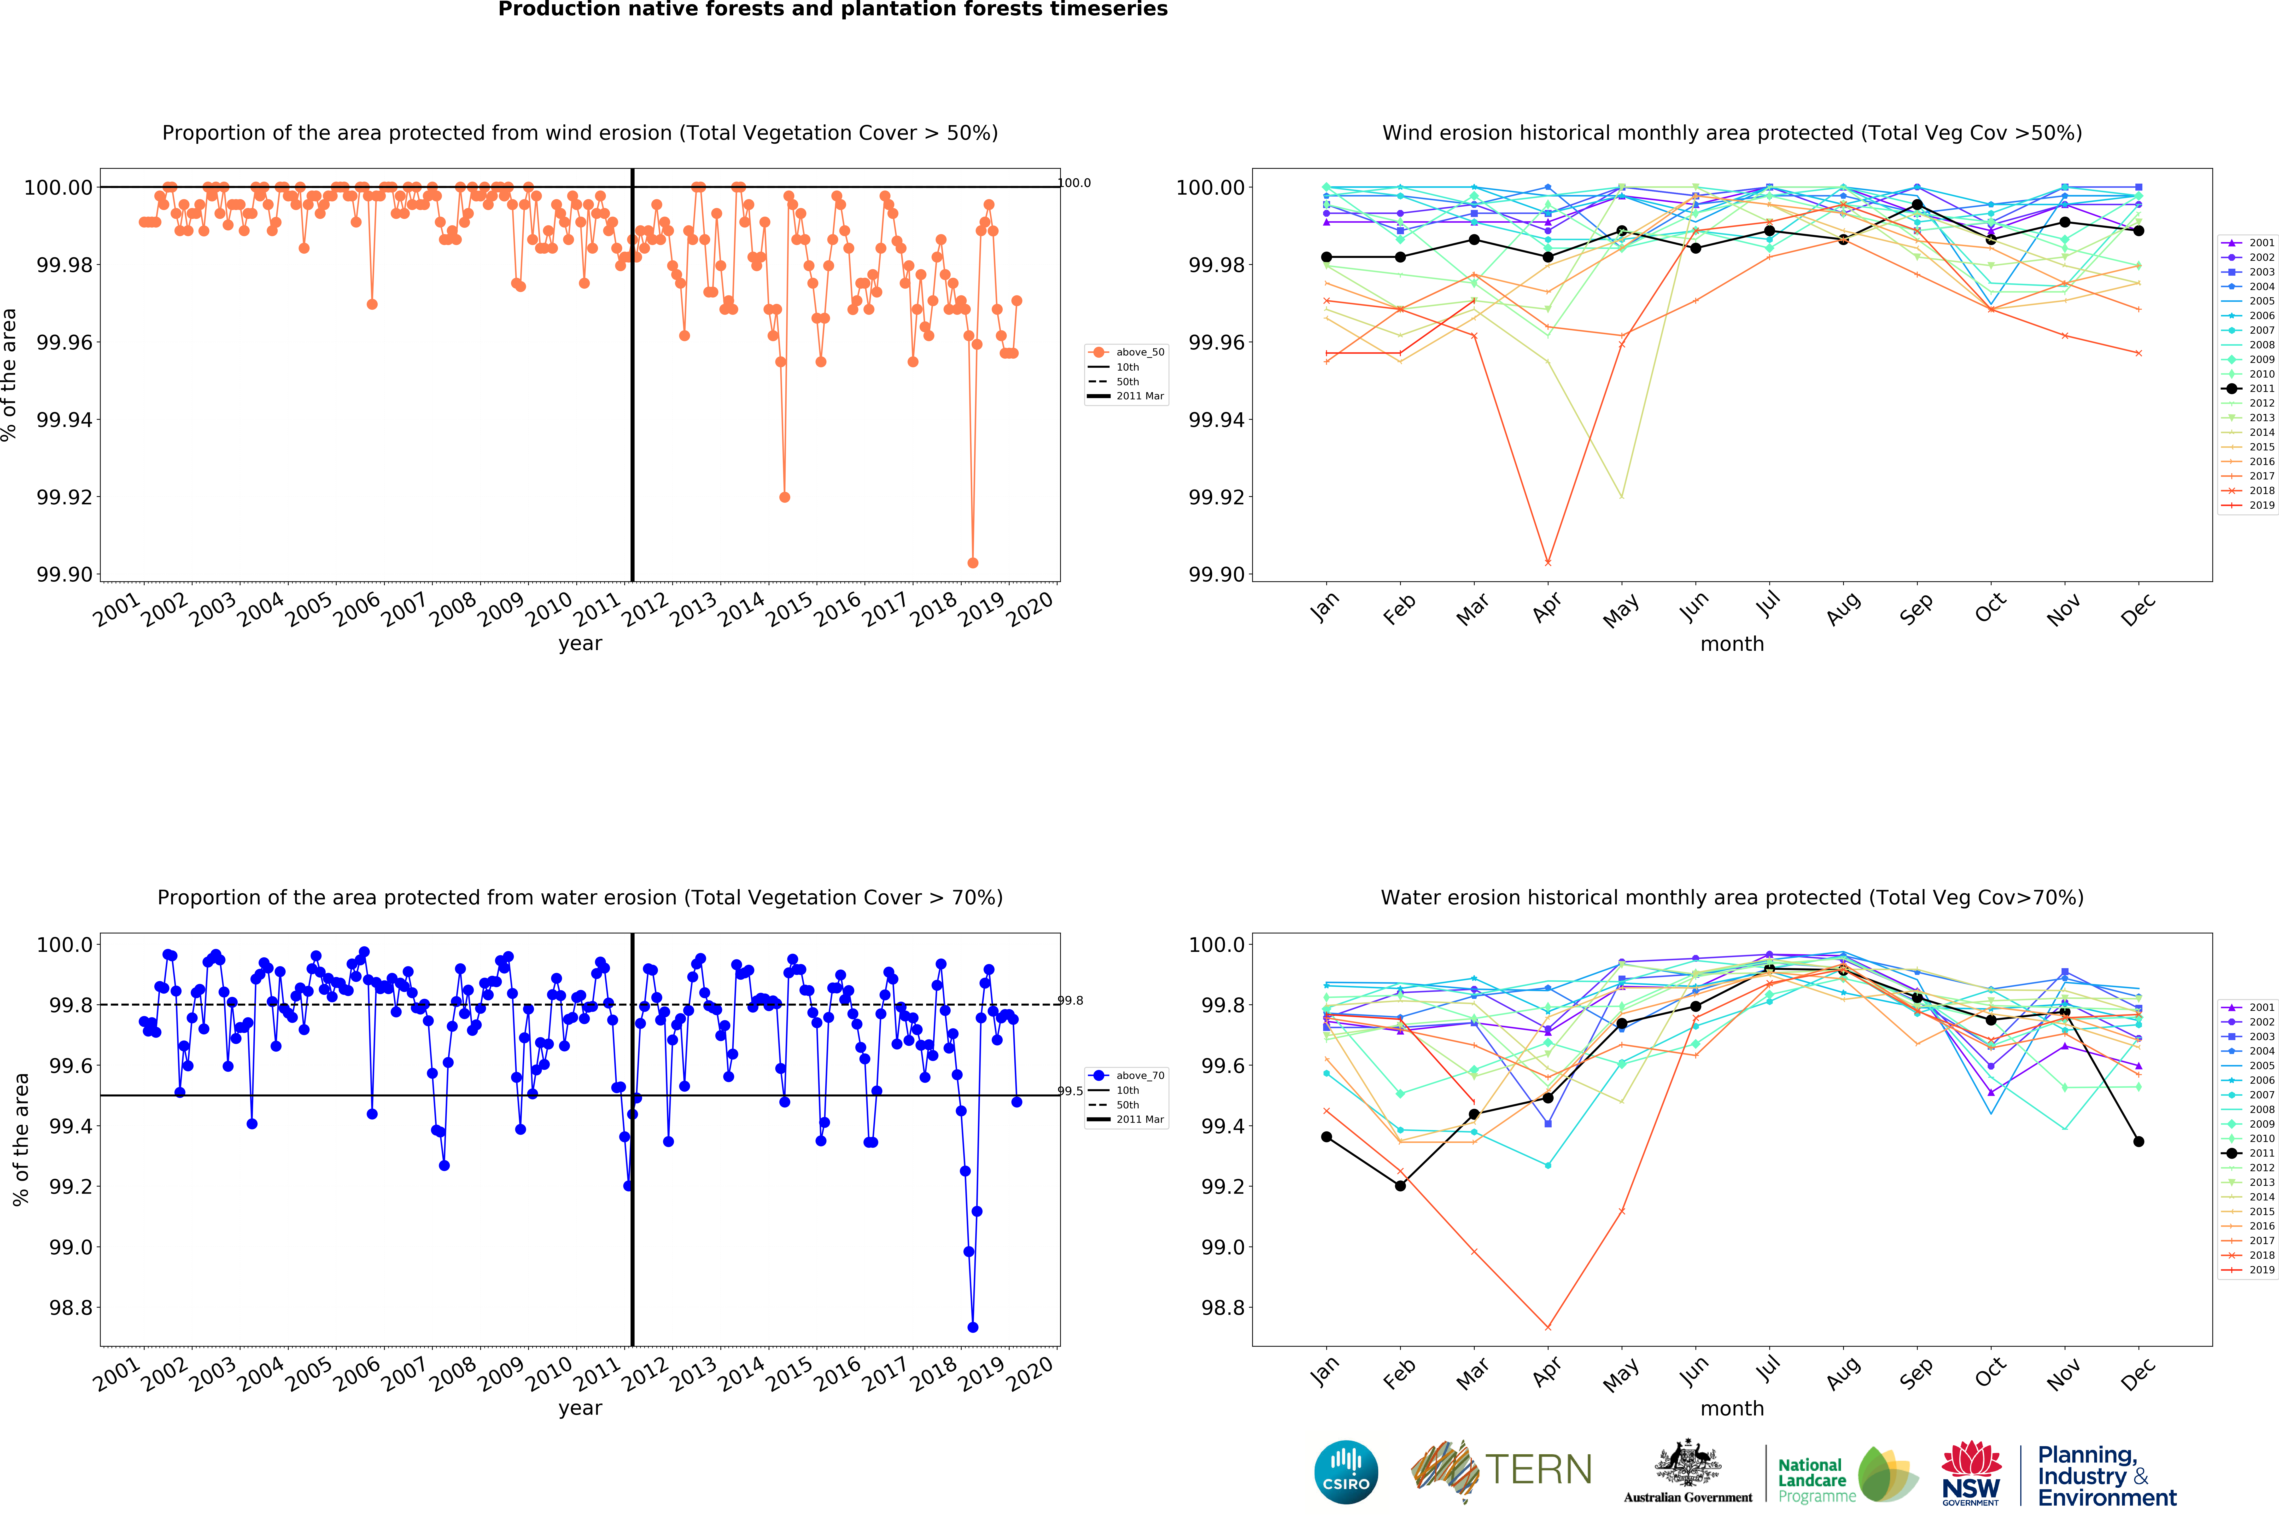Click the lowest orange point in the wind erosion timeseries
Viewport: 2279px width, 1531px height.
pos(973,563)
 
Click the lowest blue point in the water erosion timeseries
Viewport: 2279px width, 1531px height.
pos(973,1328)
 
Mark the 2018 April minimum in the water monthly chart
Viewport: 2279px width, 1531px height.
pos(1548,1328)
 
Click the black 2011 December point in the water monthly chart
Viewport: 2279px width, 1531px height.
pos(2139,1141)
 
